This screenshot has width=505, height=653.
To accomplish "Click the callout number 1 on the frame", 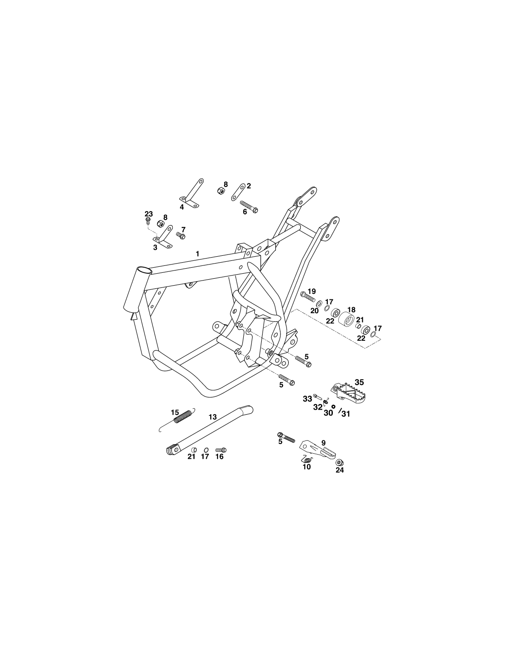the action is click(x=197, y=254).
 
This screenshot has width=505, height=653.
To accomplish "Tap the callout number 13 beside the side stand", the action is click(x=213, y=417).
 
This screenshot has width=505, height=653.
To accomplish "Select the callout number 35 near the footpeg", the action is click(x=359, y=382).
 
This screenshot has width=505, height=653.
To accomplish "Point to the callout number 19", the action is click(x=312, y=291).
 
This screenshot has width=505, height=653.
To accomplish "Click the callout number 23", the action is click(x=149, y=214).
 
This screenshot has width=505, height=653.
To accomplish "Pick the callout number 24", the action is click(x=339, y=470).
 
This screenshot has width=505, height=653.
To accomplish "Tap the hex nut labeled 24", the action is click(x=339, y=462).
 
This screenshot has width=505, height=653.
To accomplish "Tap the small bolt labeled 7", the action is click(x=180, y=235).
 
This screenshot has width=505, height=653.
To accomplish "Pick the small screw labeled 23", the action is click(x=147, y=221).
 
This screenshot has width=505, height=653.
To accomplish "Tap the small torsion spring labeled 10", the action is click(x=307, y=460).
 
